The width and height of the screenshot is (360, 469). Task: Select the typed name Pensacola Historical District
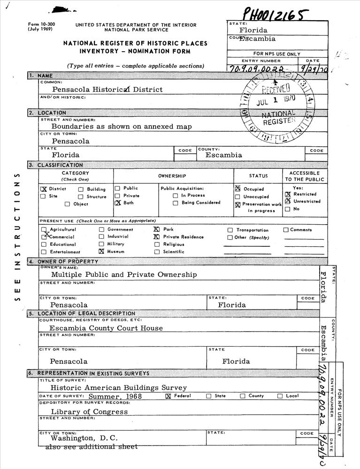click(x=107, y=89)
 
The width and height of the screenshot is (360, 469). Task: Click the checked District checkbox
click(x=43, y=189)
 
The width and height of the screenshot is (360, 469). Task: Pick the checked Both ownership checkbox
click(x=118, y=203)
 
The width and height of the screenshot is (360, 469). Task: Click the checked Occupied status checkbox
click(x=238, y=189)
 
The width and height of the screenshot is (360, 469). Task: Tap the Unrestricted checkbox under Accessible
click(x=288, y=201)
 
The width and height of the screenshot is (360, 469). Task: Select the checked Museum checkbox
click(x=101, y=251)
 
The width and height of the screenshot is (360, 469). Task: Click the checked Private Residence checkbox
click(x=157, y=237)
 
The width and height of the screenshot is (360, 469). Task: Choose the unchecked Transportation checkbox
click(x=230, y=230)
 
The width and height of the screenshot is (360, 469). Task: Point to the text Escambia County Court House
click(x=106, y=328)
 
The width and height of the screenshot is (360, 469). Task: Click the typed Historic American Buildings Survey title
click(x=119, y=388)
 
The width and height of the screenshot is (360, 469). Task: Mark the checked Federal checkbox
click(x=169, y=396)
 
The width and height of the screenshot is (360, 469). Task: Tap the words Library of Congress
click(x=89, y=412)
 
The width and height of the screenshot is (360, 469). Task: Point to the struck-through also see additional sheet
click(x=91, y=447)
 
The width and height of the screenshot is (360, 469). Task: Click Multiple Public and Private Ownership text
click(x=124, y=274)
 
